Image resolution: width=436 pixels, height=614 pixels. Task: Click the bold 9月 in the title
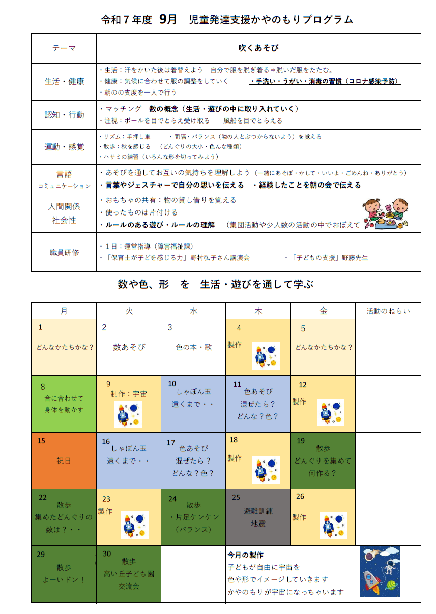click(168, 19)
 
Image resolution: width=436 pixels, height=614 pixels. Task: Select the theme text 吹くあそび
click(258, 48)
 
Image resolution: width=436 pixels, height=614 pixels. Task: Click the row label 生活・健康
click(64, 81)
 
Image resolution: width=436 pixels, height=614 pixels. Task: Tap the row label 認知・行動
click(64, 115)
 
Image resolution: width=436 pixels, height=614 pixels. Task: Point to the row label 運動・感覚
click(64, 147)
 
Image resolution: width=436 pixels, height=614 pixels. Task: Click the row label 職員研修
click(64, 252)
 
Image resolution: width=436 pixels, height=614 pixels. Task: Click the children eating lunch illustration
click(386, 213)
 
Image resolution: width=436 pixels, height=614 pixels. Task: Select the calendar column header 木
click(258, 311)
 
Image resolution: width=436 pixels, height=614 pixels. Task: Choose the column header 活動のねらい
click(388, 311)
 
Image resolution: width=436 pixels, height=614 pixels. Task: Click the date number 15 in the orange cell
click(41, 441)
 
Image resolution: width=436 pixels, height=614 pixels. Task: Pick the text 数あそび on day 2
click(129, 347)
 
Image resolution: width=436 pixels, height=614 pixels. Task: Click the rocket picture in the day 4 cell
click(266, 356)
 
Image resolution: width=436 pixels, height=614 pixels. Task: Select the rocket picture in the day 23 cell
click(135, 525)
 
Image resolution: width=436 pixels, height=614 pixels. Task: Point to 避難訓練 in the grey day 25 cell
click(258, 511)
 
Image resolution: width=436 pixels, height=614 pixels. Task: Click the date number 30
click(107, 554)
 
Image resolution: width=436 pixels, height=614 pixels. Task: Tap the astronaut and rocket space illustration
click(380, 571)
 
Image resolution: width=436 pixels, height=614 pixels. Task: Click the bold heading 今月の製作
click(245, 555)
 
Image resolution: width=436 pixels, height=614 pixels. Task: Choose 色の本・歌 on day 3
click(193, 347)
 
